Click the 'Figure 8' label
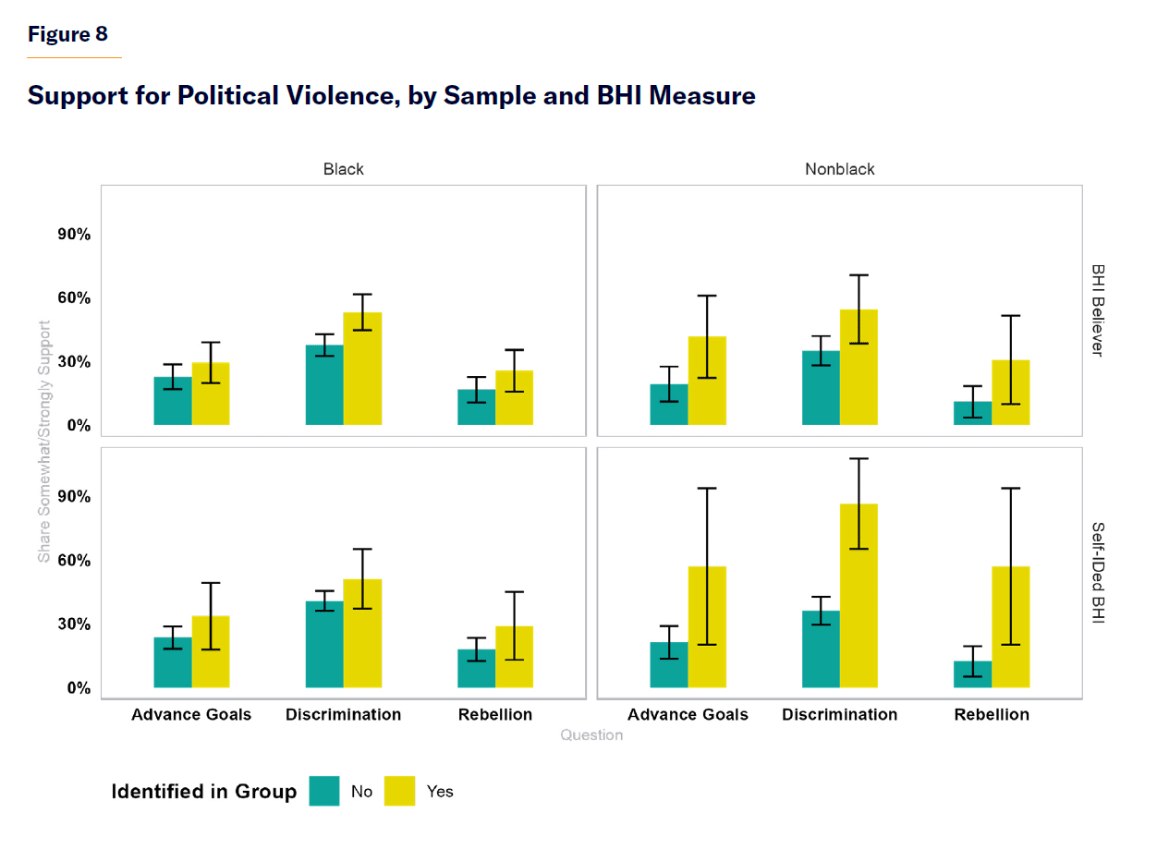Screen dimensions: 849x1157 67,34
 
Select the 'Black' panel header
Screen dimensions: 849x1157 343,169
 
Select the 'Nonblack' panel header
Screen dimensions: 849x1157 839,169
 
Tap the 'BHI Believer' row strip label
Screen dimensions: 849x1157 1098,310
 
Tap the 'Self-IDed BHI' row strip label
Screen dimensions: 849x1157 1098,573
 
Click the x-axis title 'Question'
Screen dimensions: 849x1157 591,735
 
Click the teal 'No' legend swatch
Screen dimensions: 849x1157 324,791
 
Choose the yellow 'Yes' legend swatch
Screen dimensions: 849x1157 399,791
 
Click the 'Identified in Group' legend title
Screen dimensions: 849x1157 204,792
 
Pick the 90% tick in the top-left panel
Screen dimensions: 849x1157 71,235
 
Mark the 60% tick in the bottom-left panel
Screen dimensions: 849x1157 71,561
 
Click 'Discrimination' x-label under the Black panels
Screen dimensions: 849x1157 343,714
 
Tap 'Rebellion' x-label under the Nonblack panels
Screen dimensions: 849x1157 992,714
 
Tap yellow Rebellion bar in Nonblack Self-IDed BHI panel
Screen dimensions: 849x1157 1010,627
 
